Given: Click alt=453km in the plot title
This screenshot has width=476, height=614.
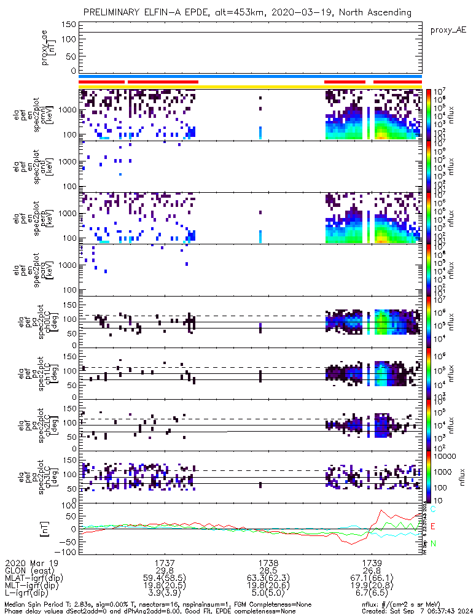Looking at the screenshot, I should pos(256,12).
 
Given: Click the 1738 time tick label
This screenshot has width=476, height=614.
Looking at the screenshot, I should pos(268,562).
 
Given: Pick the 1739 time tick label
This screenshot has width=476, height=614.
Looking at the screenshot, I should pos(370,562).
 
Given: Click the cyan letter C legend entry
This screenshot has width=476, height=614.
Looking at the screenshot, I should pos(433,510).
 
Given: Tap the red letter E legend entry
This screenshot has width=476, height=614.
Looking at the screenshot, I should pos(433,527).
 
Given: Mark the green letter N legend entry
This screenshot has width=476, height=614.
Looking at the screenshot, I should pos(433,543).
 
